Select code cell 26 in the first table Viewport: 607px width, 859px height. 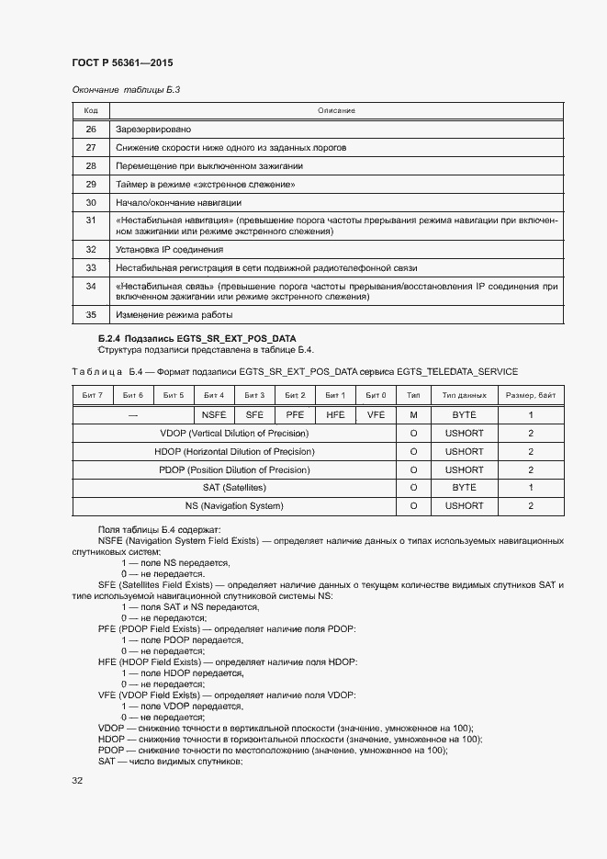tap(91, 130)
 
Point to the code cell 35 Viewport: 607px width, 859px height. tap(91, 315)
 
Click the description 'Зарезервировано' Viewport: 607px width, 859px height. tap(153, 130)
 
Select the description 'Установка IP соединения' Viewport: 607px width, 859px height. tap(169, 249)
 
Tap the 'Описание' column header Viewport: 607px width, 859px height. tap(336, 110)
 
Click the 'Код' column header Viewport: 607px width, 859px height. tap(91, 110)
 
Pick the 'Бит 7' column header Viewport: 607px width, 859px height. tap(92, 395)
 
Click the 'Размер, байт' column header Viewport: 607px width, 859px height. tap(530, 395)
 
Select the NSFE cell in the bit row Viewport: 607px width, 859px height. tap(214, 414)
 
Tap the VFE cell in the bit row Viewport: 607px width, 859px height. tap(377, 414)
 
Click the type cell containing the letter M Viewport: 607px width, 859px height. tap(413, 414)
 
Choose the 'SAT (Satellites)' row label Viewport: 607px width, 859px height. tap(234, 488)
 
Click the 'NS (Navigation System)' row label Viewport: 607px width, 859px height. tap(234, 506)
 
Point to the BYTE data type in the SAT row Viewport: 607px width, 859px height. tap(464, 488)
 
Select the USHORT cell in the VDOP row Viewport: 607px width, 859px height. tap(464, 433)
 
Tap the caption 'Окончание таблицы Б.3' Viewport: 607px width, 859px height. tap(125, 89)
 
